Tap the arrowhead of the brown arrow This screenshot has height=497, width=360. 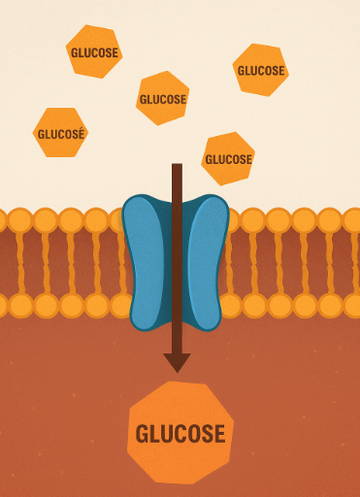point(177,362)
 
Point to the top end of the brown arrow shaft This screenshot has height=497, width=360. point(177,167)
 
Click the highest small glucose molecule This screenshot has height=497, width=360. point(94,51)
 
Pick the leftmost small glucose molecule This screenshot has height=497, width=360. point(60,133)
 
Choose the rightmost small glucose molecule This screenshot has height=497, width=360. point(261,70)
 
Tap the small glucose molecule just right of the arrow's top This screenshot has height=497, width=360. point(228,158)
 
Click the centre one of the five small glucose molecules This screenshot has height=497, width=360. point(162,98)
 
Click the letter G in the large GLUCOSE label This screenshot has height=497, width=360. point(142,434)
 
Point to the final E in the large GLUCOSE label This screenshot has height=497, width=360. point(219,434)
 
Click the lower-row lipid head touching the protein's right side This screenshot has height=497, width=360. point(231,306)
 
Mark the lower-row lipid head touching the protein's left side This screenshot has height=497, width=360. point(121,306)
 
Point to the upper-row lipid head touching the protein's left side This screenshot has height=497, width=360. point(119,220)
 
